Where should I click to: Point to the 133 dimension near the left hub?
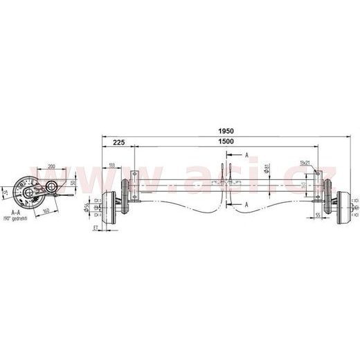112,166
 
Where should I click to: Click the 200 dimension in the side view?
52,166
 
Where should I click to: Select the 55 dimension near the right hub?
317,216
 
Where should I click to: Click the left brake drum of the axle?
110,207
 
